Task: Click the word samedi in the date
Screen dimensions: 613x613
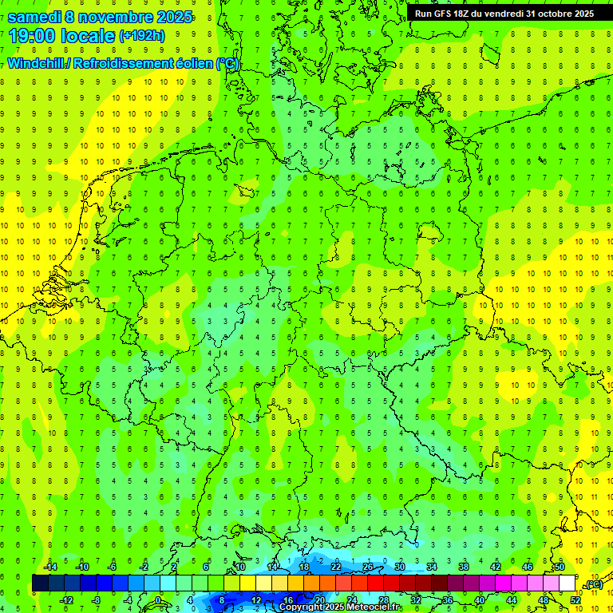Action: tap(36, 16)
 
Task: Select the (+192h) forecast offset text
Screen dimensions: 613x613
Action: tap(142, 36)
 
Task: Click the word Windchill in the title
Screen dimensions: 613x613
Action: tap(37, 63)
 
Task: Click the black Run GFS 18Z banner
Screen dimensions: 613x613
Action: tap(504, 14)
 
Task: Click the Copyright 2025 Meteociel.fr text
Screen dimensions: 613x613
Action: tap(339, 607)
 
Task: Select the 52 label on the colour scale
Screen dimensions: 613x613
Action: tap(575, 600)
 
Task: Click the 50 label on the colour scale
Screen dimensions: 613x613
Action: tap(559, 566)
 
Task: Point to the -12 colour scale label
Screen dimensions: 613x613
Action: tap(67, 600)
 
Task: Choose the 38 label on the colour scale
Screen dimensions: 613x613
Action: tap(463, 566)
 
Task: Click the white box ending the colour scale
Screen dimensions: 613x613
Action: tap(567, 583)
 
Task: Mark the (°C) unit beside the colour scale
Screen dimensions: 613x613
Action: tap(593, 584)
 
